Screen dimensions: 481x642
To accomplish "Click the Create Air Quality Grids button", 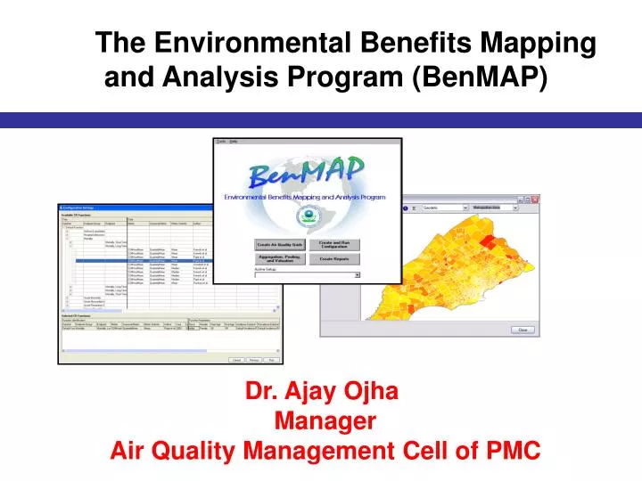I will coord(280,244).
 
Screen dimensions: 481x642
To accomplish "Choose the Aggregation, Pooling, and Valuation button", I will coord(280,259).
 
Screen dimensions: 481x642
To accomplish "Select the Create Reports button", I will coord(335,259).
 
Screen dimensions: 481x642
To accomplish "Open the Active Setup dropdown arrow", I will coord(358,275).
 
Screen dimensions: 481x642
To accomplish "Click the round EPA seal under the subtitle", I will coord(308,216).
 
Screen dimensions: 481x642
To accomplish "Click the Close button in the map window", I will coord(523,330).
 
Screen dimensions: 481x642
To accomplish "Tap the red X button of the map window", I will coord(535,200).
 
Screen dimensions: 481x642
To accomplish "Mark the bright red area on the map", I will coord(487,240).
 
